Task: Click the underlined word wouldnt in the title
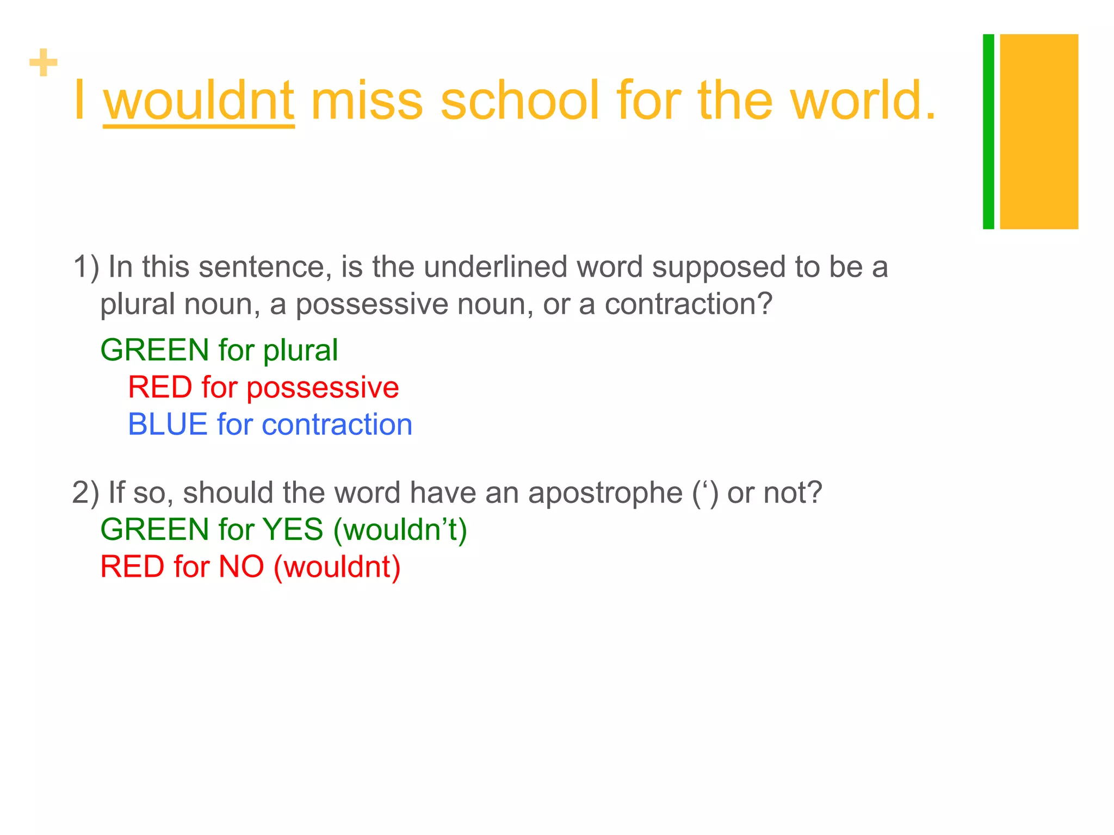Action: tap(199, 101)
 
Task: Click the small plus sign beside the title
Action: tap(44, 63)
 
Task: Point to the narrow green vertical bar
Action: tap(988, 132)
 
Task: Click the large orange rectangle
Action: tap(1039, 132)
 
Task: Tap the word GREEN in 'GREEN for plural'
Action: tap(154, 350)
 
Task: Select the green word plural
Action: tap(300, 351)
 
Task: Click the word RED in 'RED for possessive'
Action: tap(160, 388)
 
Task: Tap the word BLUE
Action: tap(168, 425)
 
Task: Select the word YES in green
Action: tap(293, 529)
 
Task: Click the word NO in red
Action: tap(241, 566)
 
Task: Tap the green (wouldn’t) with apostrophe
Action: tap(400, 530)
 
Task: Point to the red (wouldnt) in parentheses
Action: tap(337, 567)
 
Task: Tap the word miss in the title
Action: tap(367, 101)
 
